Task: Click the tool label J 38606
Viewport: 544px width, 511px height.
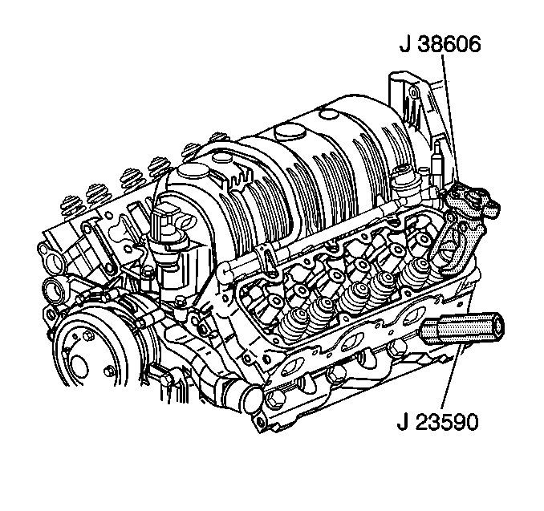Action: (x=440, y=44)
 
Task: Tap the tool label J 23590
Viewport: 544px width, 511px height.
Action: (x=437, y=422)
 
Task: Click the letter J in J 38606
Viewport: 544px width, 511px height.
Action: (x=404, y=44)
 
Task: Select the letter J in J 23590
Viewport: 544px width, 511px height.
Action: (x=402, y=422)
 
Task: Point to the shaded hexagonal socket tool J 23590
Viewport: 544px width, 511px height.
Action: (x=462, y=327)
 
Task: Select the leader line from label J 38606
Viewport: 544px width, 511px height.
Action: (x=450, y=119)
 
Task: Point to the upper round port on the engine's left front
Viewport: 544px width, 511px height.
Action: (x=51, y=256)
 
